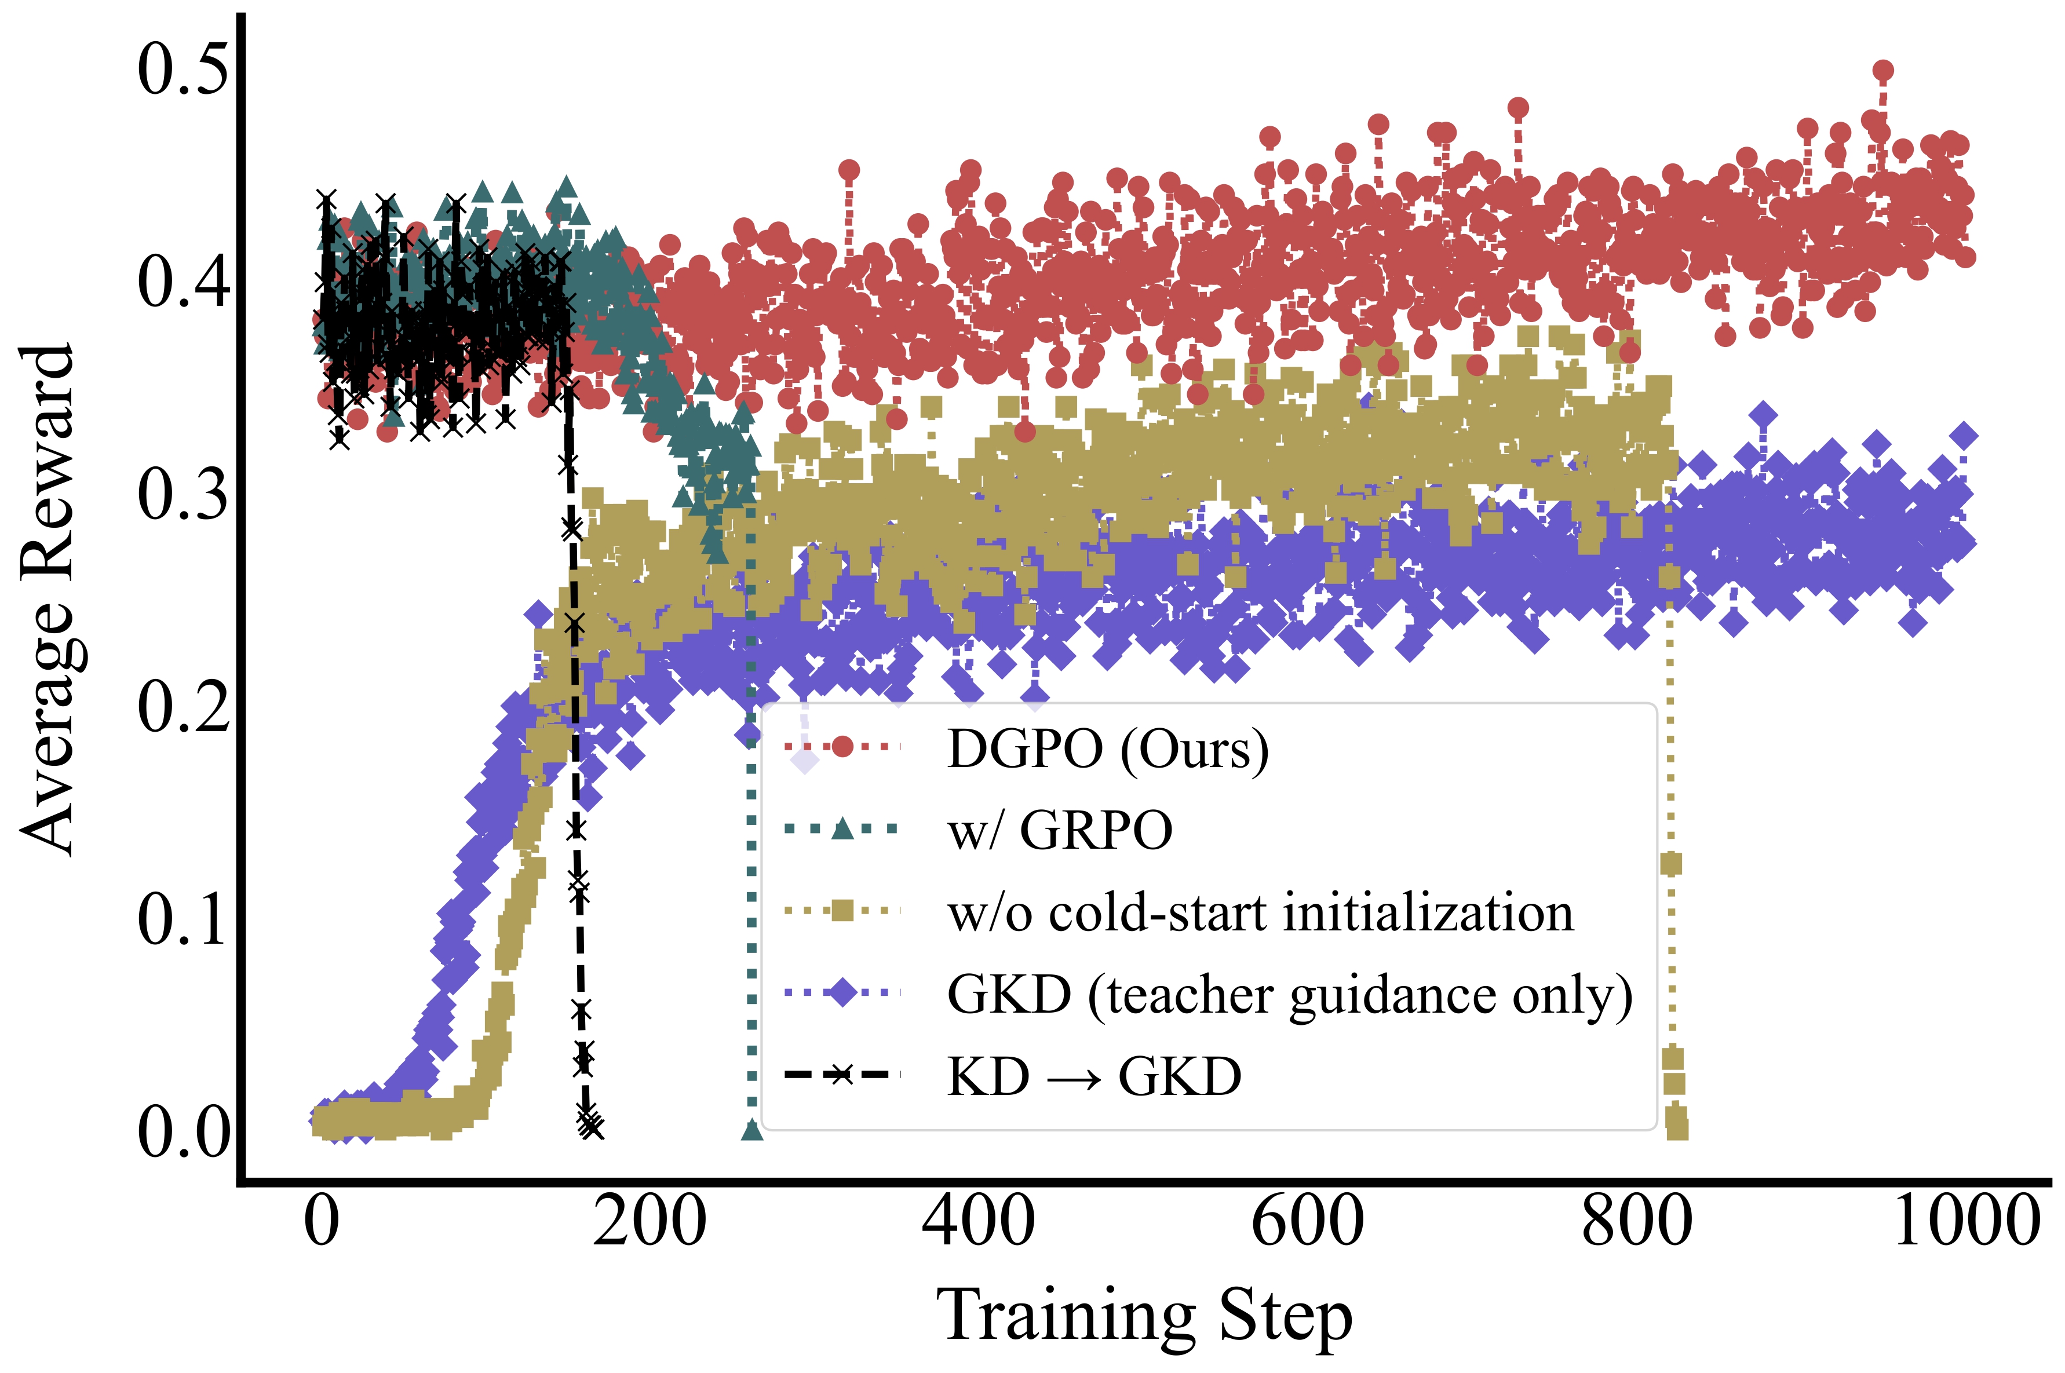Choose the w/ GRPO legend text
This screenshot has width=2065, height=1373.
coord(1060,830)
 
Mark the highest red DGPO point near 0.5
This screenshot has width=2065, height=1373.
coord(1883,71)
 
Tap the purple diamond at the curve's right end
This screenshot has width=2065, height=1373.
coord(1964,436)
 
